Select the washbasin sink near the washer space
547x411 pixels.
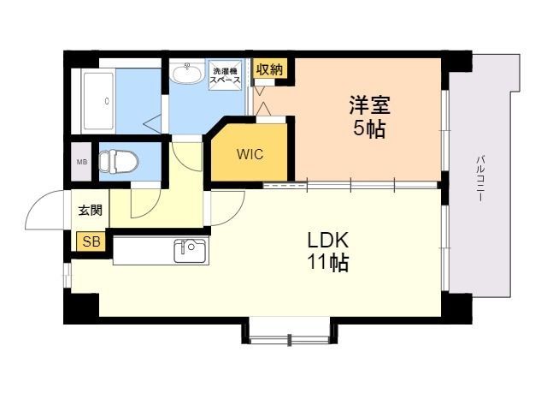(185, 73)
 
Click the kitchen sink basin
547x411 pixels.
(190, 251)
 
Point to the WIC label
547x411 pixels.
(250, 155)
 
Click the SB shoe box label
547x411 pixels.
(91, 242)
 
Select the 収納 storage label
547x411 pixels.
(269, 70)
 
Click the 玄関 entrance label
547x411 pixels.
(90, 211)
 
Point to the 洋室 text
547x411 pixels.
(368, 106)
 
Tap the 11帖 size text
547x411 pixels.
(327, 264)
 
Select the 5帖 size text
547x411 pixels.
(368, 129)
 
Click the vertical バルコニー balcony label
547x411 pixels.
(481, 178)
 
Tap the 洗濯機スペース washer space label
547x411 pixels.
(226, 74)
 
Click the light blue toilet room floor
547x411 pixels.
(145, 161)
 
